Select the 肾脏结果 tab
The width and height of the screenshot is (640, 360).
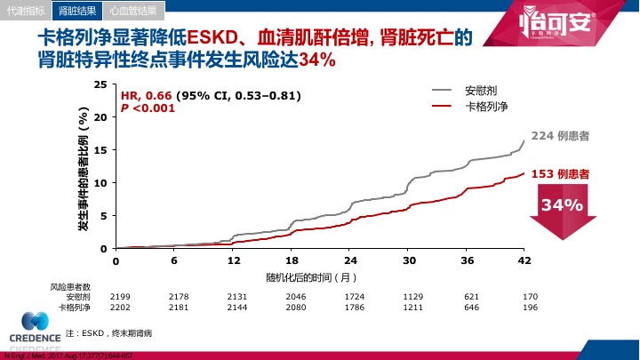(77, 11)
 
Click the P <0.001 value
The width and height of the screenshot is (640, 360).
(148, 108)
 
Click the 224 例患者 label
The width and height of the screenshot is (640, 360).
(560, 136)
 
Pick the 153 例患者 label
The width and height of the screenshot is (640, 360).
(560, 174)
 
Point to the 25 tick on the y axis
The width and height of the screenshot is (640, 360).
(100, 84)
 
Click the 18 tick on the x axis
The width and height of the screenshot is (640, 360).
(292, 260)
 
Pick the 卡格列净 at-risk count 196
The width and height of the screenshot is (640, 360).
(530, 307)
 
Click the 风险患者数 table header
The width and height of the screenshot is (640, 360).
(69, 286)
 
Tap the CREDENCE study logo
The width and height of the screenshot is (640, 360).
(36, 330)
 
